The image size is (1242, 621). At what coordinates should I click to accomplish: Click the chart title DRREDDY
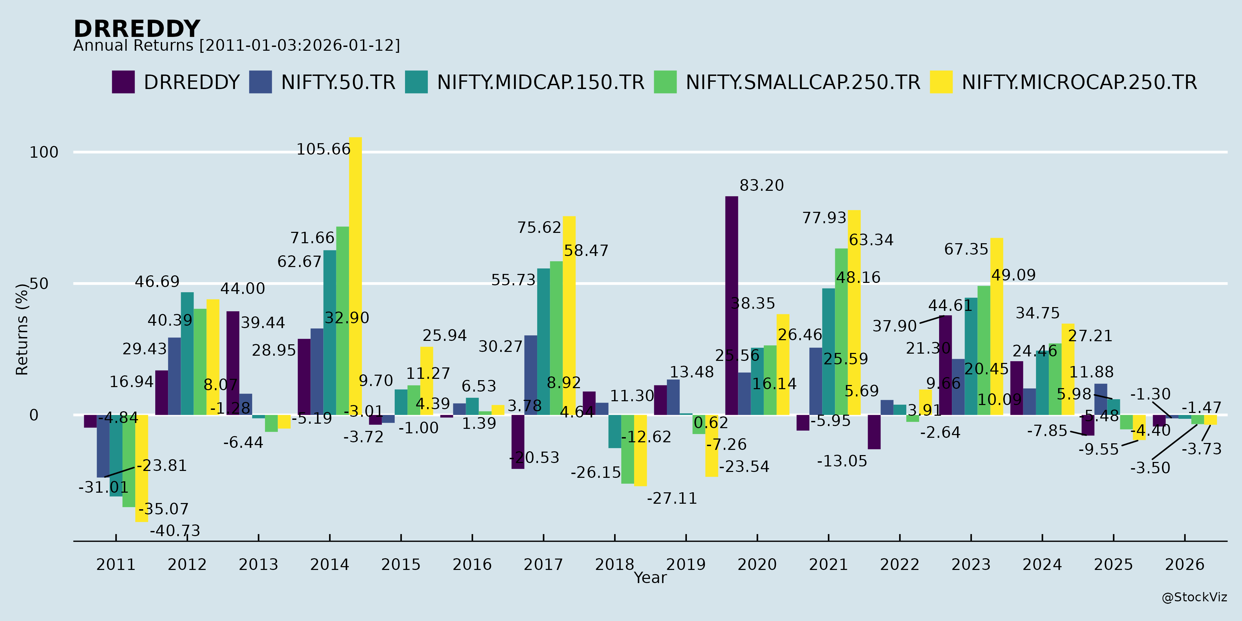coord(136,29)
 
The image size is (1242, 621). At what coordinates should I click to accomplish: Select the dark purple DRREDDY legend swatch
coord(123,82)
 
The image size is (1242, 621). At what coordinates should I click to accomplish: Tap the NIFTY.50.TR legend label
coord(338,82)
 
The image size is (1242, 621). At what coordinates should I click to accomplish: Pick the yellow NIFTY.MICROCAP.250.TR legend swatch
coord(941,82)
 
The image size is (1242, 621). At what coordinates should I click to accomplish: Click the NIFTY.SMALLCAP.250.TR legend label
coord(803,82)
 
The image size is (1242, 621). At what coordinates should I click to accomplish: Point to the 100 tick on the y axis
coord(44,152)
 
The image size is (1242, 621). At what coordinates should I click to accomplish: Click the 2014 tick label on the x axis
coord(329,564)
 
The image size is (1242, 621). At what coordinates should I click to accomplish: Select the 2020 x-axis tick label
coord(757,564)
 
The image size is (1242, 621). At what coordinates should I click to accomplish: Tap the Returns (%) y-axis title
coord(22,329)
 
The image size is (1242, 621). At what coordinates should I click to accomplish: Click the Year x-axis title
coord(650,578)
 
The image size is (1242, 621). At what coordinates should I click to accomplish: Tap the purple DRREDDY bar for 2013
coord(233,363)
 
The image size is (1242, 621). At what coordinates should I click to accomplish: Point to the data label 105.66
coord(323,149)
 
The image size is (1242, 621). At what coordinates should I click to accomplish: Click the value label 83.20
coord(762,186)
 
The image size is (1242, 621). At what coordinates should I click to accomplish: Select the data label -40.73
coord(175,531)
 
